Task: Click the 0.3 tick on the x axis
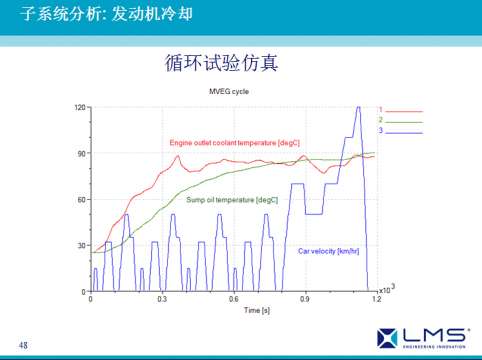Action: click(x=162, y=299)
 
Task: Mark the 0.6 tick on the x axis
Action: click(x=234, y=299)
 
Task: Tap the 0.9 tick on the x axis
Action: click(x=305, y=299)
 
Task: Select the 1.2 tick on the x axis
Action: click(x=376, y=299)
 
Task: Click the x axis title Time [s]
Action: click(x=233, y=310)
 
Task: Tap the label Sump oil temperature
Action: click(x=232, y=200)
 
